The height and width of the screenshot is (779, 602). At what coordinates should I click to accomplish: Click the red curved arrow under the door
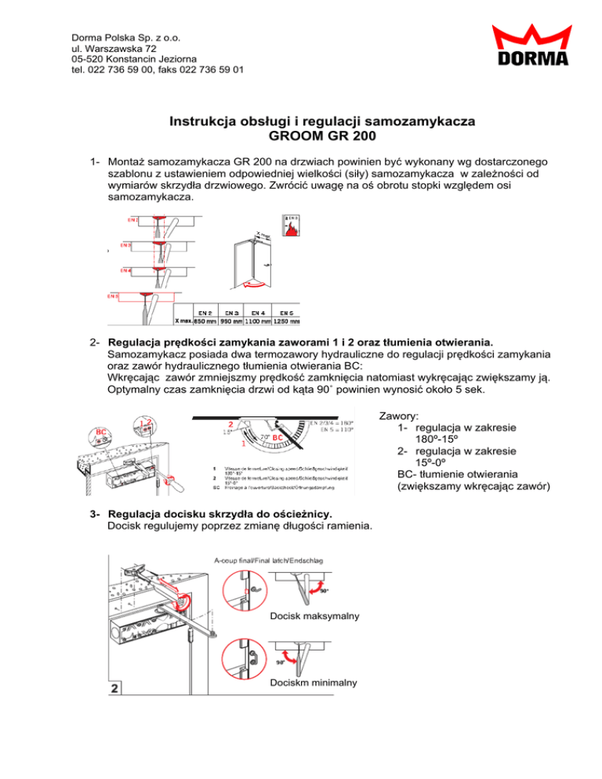tap(252, 283)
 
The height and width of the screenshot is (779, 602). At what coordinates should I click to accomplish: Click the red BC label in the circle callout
tap(100, 431)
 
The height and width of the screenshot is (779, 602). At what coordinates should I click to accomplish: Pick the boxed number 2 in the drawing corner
tap(114, 689)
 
